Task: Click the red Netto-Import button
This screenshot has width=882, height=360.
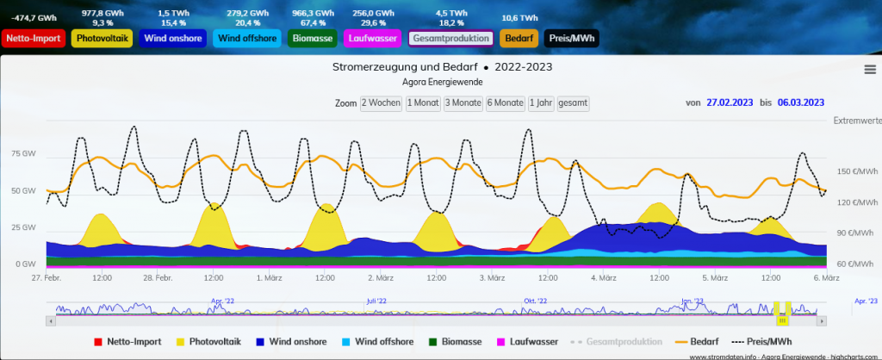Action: [34, 39]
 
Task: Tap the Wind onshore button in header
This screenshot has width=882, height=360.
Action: [171, 39]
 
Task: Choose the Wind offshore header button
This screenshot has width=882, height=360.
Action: [247, 39]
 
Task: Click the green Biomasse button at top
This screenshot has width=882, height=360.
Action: [314, 39]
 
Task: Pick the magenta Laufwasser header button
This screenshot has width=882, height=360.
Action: [373, 39]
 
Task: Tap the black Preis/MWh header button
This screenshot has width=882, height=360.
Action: [571, 39]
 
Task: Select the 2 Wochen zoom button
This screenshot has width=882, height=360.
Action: [381, 102]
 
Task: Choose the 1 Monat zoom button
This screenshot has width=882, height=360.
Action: [422, 102]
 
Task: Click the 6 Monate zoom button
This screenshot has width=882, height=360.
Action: [505, 102]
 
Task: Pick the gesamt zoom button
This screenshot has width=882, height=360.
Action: [573, 102]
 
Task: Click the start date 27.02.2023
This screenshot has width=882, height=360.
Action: [730, 102]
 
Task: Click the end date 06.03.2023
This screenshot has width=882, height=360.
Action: [800, 102]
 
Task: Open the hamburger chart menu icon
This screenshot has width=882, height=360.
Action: [869, 70]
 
